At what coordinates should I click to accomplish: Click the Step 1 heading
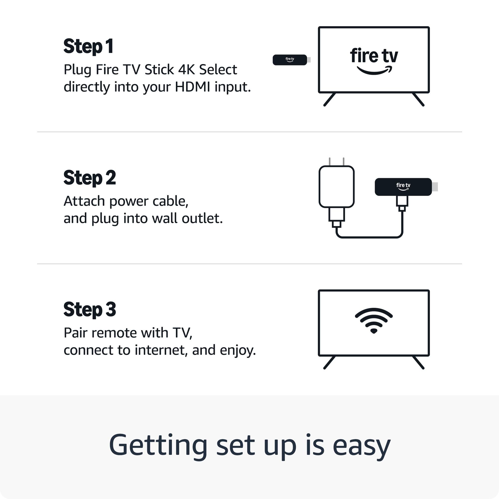[x=88, y=47]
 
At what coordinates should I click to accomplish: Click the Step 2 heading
[x=90, y=178]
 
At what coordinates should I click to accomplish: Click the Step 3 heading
[x=90, y=310]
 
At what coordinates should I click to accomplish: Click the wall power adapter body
[x=337, y=186]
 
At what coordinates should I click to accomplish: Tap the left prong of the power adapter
[x=330, y=162]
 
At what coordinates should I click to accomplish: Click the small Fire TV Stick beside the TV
[x=290, y=60]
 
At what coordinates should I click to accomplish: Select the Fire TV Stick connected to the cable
[x=403, y=187]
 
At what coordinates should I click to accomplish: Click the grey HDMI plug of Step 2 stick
[x=435, y=187]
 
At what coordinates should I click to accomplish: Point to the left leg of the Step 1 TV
[x=330, y=100]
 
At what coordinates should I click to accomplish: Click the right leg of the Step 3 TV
[x=418, y=363]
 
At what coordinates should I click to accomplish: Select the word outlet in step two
[x=202, y=219]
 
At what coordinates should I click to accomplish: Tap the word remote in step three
[x=114, y=333]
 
